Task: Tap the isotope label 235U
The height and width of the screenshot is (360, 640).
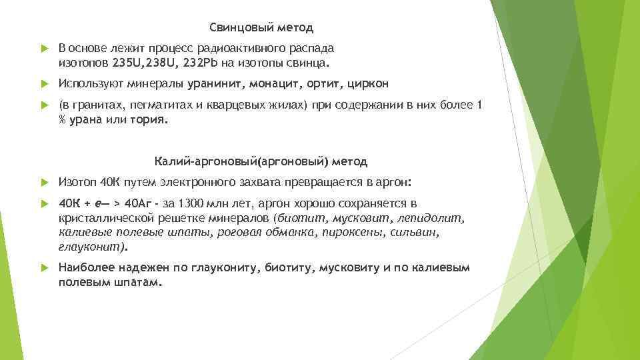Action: [127, 63]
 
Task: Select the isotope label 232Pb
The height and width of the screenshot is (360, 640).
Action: [197, 63]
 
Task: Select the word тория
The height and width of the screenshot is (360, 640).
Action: [153, 120]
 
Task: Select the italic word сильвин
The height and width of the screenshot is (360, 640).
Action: [419, 233]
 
